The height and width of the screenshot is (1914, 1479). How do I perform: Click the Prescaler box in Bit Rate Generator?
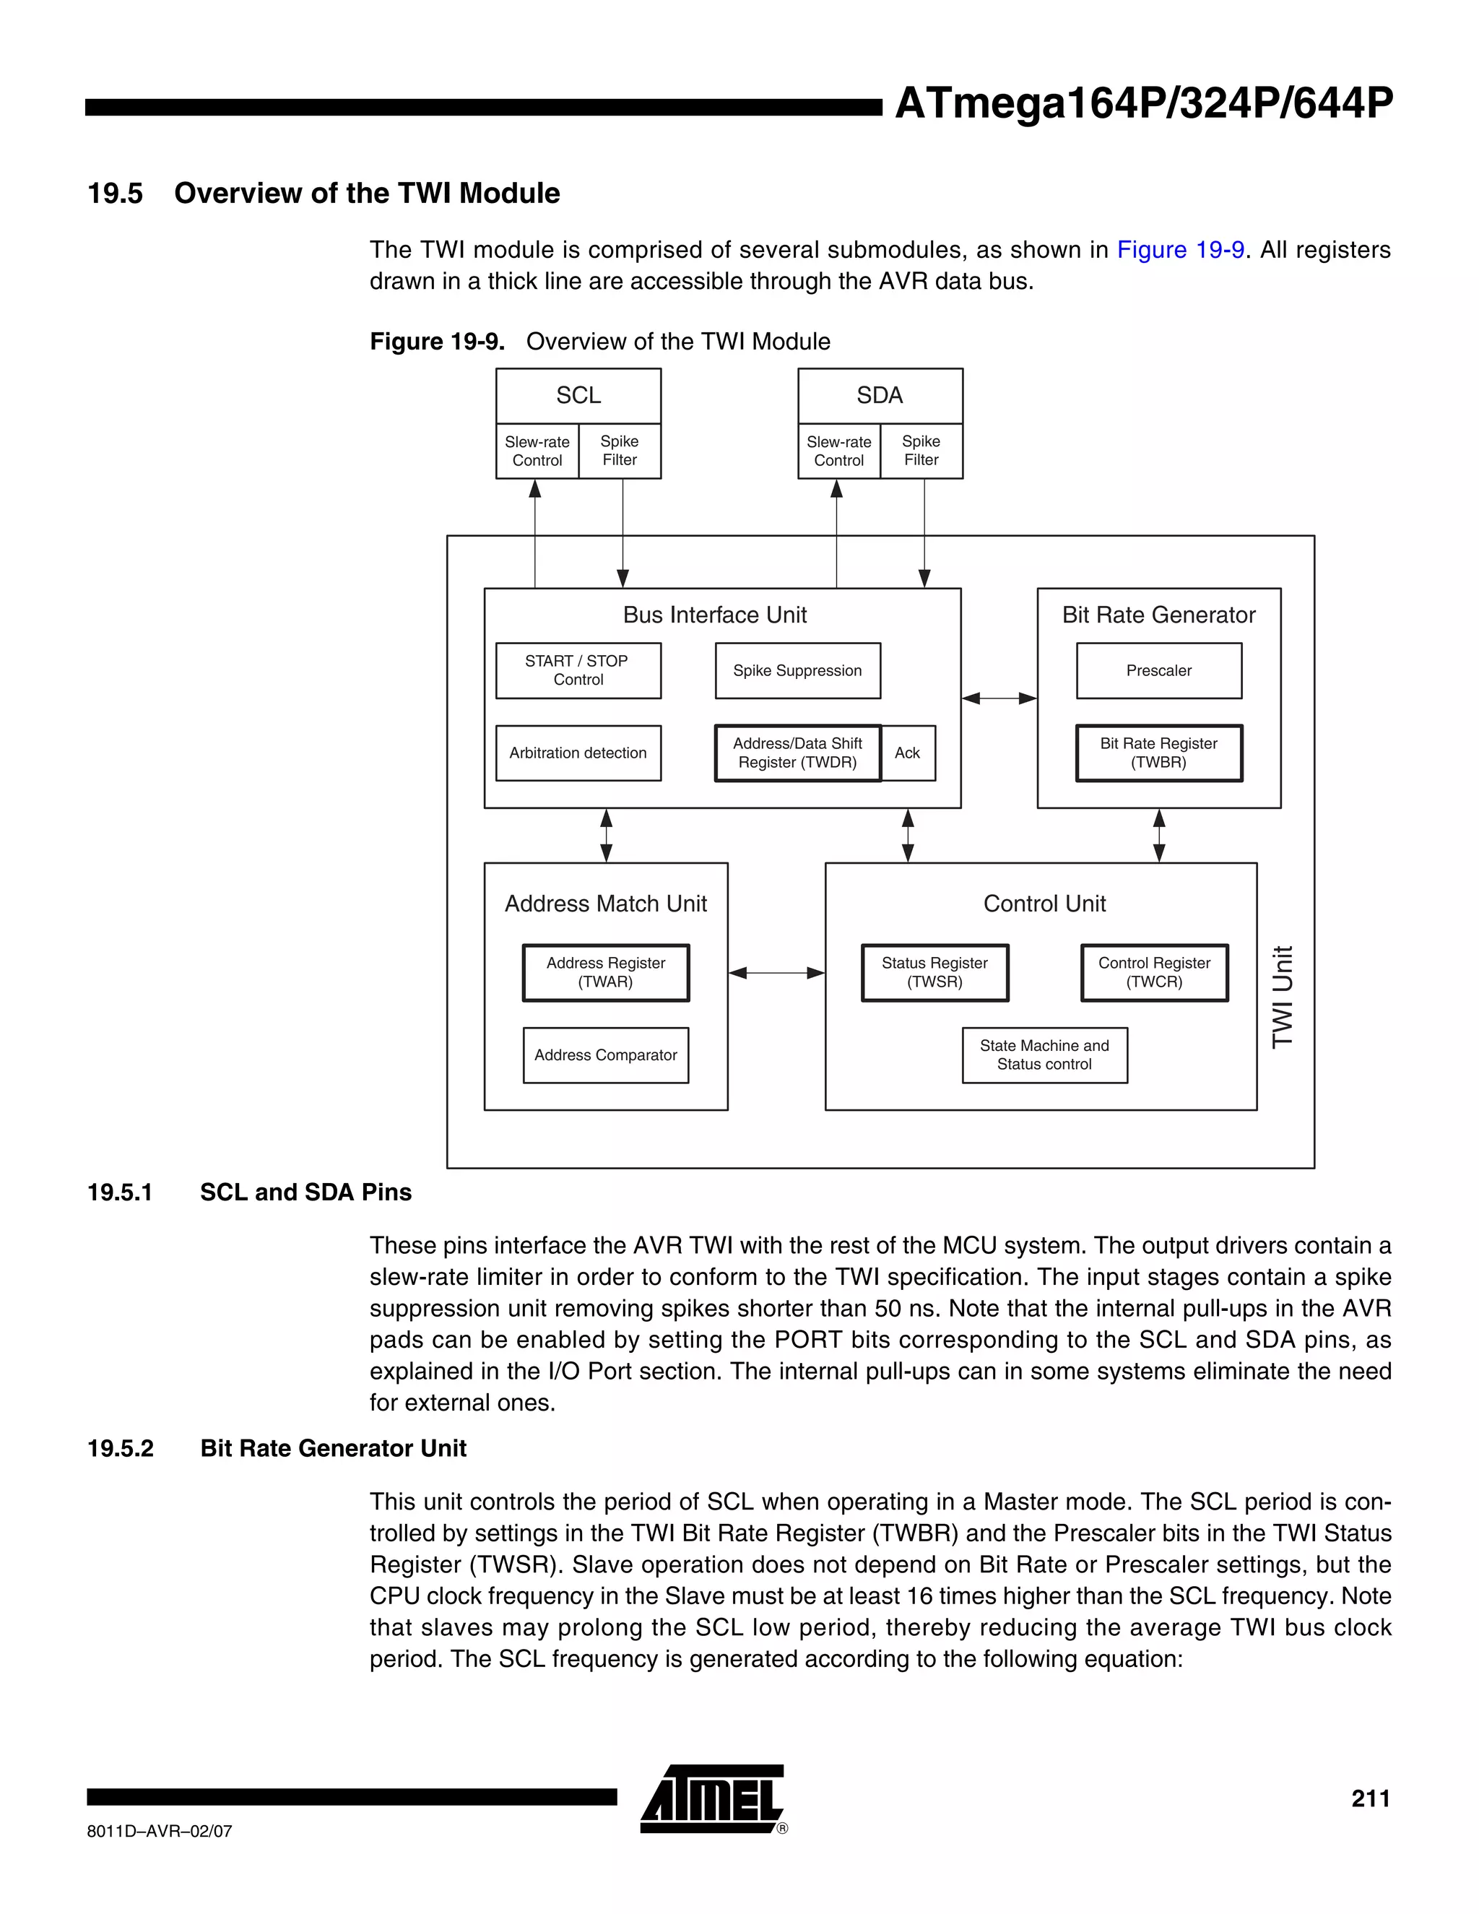tap(1158, 670)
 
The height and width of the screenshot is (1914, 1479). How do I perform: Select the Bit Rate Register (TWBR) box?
tap(1158, 753)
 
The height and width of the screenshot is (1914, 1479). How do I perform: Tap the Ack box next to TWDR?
tap(908, 753)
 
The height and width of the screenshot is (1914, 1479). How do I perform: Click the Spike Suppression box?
tap(797, 670)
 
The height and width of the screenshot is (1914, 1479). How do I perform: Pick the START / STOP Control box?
tap(578, 670)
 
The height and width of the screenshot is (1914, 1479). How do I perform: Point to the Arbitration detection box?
tap(578, 753)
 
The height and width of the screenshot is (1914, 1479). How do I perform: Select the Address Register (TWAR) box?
tap(605, 972)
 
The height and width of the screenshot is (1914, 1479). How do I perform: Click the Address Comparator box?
tap(605, 1055)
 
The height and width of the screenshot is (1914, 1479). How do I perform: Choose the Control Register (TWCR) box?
tap(1154, 972)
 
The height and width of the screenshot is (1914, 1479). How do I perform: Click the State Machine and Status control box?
tap(1044, 1055)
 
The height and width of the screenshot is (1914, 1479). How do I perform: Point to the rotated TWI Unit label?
tap(1282, 997)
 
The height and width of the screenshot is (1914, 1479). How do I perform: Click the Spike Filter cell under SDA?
tap(921, 451)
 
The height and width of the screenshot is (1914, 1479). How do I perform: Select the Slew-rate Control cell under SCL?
tap(537, 451)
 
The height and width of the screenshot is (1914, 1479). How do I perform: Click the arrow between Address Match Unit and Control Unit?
tap(776, 972)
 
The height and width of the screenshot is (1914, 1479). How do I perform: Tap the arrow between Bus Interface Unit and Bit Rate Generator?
tap(999, 698)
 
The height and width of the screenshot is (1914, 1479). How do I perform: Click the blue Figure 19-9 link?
tap(1180, 250)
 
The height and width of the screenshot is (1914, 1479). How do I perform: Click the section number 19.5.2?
tap(120, 1449)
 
